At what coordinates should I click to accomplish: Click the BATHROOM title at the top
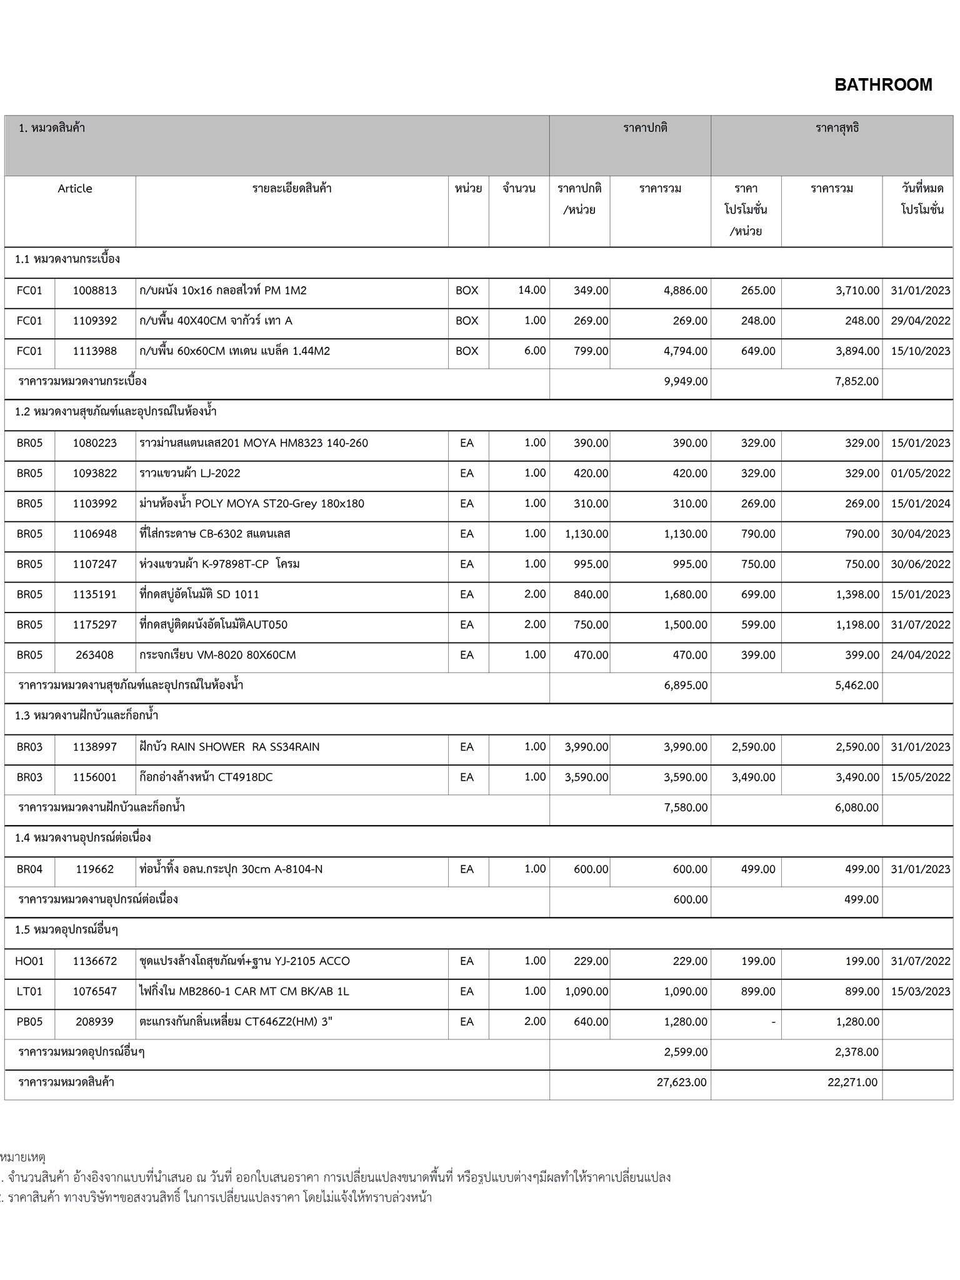(x=882, y=85)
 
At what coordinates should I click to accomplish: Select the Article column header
(x=75, y=189)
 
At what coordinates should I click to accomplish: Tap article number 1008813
(x=95, y=291)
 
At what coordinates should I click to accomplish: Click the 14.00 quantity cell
(x=532, y=291)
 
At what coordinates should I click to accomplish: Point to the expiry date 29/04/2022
(x=920, y=321)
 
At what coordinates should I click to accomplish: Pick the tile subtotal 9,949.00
(x=686, y=381)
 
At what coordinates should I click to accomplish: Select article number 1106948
(x=95, y=534)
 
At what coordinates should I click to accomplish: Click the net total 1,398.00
(x=857, y=594)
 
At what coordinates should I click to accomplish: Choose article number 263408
(x=95, y=655)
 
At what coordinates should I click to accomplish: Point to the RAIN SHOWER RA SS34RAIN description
(x=229, y=747)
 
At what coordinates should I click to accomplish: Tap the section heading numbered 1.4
(x=83, y=838)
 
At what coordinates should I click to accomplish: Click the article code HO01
(x=29, y=961)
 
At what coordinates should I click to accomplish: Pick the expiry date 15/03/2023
(x=920, y=992)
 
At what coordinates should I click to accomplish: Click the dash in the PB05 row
(x=773, y=1022)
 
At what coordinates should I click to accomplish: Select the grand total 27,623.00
(x=681, y=1082)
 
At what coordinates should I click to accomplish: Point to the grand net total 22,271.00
(x=852, y=1082)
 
